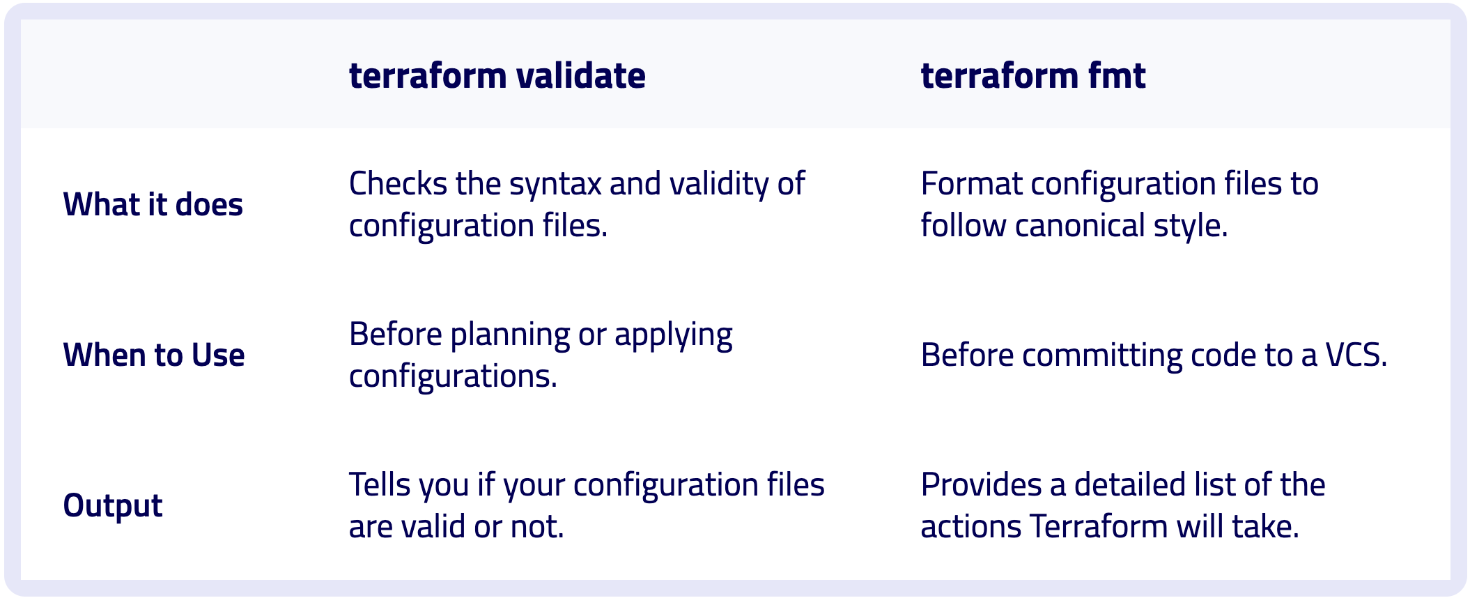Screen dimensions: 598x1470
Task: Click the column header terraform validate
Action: [x=497, y=75]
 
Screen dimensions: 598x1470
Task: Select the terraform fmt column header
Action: [x=1032, y=75]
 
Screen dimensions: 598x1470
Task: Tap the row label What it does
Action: [x=153, y=205]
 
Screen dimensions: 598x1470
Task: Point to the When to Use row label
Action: [x=154, y=355]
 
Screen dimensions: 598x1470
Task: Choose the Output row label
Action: [x=113, y=506]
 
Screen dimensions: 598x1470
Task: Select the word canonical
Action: [x=1080, y=226]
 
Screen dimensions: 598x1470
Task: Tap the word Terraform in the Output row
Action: [x=1098, y=527]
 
